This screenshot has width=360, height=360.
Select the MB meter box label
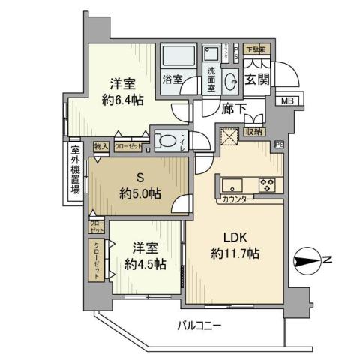pos(286,101)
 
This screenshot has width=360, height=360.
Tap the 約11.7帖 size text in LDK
pos(234,254)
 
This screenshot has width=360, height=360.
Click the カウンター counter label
pos(236,200)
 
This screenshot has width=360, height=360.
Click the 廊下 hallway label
pos(233,109)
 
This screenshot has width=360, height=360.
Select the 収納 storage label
pos(254,132)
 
